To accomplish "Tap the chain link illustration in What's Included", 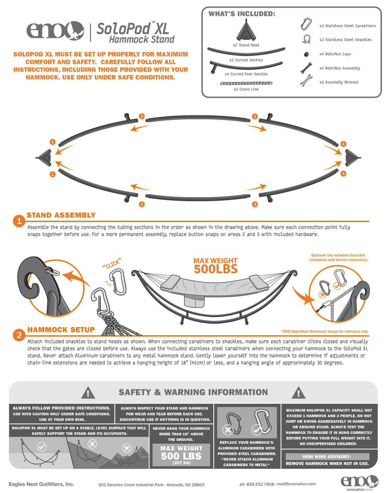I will [246, 83].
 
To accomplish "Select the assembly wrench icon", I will [306, 81].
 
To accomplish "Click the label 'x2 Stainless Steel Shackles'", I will [345, 40].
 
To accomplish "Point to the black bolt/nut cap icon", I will [306, 54].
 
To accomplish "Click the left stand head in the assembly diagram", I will [45, 157].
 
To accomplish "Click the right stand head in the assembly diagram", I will [351, 157].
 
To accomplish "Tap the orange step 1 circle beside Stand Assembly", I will [19, 221].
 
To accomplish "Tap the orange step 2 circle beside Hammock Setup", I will [19, 335].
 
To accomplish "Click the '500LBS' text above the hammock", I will [216, 269].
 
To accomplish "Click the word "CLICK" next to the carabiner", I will [111, 264].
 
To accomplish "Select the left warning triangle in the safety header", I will [88, 393].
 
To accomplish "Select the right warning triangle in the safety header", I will [298, 393].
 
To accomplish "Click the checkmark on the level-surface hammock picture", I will [42, 447].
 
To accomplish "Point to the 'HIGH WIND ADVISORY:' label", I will [327, 457].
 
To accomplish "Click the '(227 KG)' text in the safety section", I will [182, 463].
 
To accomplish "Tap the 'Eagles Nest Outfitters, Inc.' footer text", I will [41, 484].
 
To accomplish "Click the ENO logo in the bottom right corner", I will [359, 481].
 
